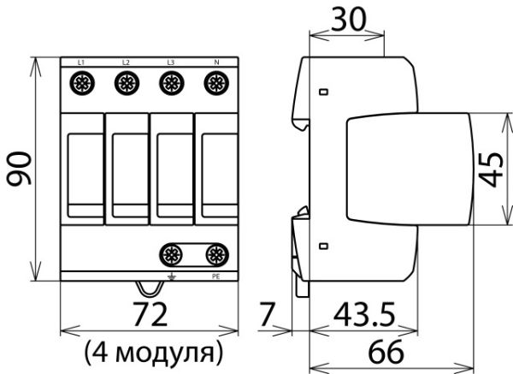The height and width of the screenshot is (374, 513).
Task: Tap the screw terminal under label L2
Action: click(x=126, y=83)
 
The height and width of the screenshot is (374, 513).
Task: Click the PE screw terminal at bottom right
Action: click(x=215, y=253)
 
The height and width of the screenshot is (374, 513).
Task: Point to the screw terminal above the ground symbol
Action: click(x=171, y=253)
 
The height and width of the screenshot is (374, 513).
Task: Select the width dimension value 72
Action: click(x=150, y=315)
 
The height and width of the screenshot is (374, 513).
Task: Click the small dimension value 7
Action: click(x=268, y=315)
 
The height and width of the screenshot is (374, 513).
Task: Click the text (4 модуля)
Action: click(x=154, y=351)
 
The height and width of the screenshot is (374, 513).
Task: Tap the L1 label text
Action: click(x=80, y=62)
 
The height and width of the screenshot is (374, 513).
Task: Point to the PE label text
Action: click(x=215, y=277)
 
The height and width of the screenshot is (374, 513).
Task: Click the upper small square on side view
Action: click(x=323, y=92)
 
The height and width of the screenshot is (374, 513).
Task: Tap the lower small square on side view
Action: click(x=323, y=246)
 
